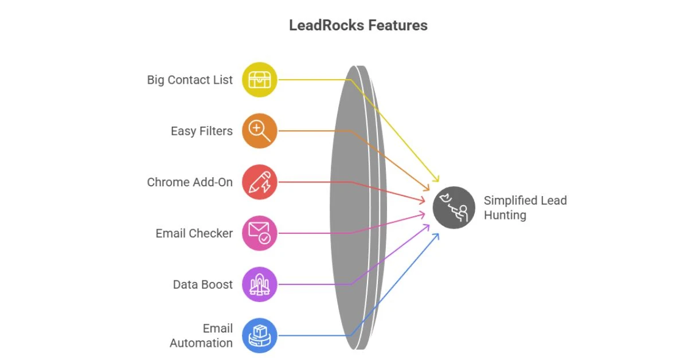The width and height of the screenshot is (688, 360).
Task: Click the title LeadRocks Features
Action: [358, 25]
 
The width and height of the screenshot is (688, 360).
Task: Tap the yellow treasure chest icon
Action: [260, 80]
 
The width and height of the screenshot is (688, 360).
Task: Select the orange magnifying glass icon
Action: [260, 131]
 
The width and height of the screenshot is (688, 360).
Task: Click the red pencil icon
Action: [260, 182]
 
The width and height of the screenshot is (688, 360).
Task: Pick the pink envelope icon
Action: [260, 233]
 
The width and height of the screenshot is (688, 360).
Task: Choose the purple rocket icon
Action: [260, 284]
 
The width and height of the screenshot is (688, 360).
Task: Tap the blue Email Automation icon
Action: [260, 335]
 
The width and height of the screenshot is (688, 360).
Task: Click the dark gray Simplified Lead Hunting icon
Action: [454, 208]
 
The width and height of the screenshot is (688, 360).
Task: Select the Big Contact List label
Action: [190, 80]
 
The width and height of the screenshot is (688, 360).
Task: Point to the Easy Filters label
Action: [202, 131]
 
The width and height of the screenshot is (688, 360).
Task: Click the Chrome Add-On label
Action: [190, 182]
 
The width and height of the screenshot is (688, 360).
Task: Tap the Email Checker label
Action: [194, 233]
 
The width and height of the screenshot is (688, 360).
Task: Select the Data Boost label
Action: [203, 284]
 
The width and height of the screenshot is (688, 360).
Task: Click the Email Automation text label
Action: [201, 335]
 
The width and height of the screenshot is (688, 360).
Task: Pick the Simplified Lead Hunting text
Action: [525, 208]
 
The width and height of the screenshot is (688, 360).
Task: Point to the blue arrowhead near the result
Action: [436, 235]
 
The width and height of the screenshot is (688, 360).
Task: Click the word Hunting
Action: [505, 216]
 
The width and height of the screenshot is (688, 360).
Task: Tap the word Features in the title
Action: [397, 25]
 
